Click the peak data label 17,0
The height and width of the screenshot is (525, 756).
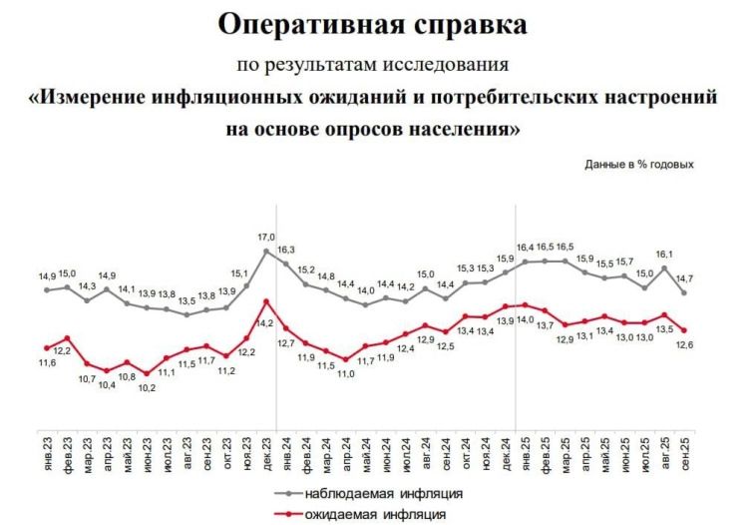point(266,237)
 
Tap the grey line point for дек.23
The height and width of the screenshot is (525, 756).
point(266,251)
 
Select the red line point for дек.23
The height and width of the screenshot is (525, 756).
point(266,301)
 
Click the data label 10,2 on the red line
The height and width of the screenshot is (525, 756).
point(147,387)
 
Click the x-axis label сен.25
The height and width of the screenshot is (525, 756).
point(684,448)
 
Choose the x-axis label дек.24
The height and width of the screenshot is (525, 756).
point(506,448)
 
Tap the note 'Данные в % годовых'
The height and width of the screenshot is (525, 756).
point(638,164)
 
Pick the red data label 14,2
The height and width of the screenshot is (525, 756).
point(264,322)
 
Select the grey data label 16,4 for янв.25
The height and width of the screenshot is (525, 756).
point(525,247)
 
